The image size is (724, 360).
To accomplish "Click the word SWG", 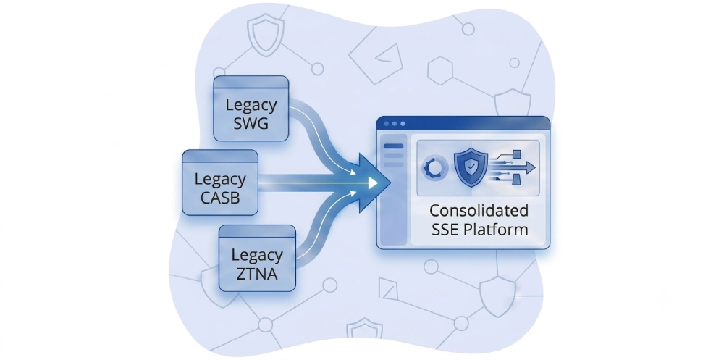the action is [x=251, y=124].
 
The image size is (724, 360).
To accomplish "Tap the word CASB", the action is [x=220, y=197].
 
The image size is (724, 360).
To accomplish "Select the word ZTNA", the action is [x=257, y=274].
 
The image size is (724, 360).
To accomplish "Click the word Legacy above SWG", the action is [x=251, y=106].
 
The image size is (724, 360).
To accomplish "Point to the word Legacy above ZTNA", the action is [x=257, y=256].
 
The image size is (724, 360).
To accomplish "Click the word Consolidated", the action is [x=479, y=211].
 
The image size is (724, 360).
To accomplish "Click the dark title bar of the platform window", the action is [x=463, y=123].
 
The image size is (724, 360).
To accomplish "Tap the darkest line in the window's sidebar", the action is [x=393, y=146].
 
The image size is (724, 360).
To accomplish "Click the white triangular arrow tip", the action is [x=373, y=183].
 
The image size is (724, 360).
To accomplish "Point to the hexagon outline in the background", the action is [x=440, y=71].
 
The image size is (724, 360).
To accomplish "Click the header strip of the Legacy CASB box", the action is [x=220, y=156].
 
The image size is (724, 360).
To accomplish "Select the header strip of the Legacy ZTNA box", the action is [x=257, y=232].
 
